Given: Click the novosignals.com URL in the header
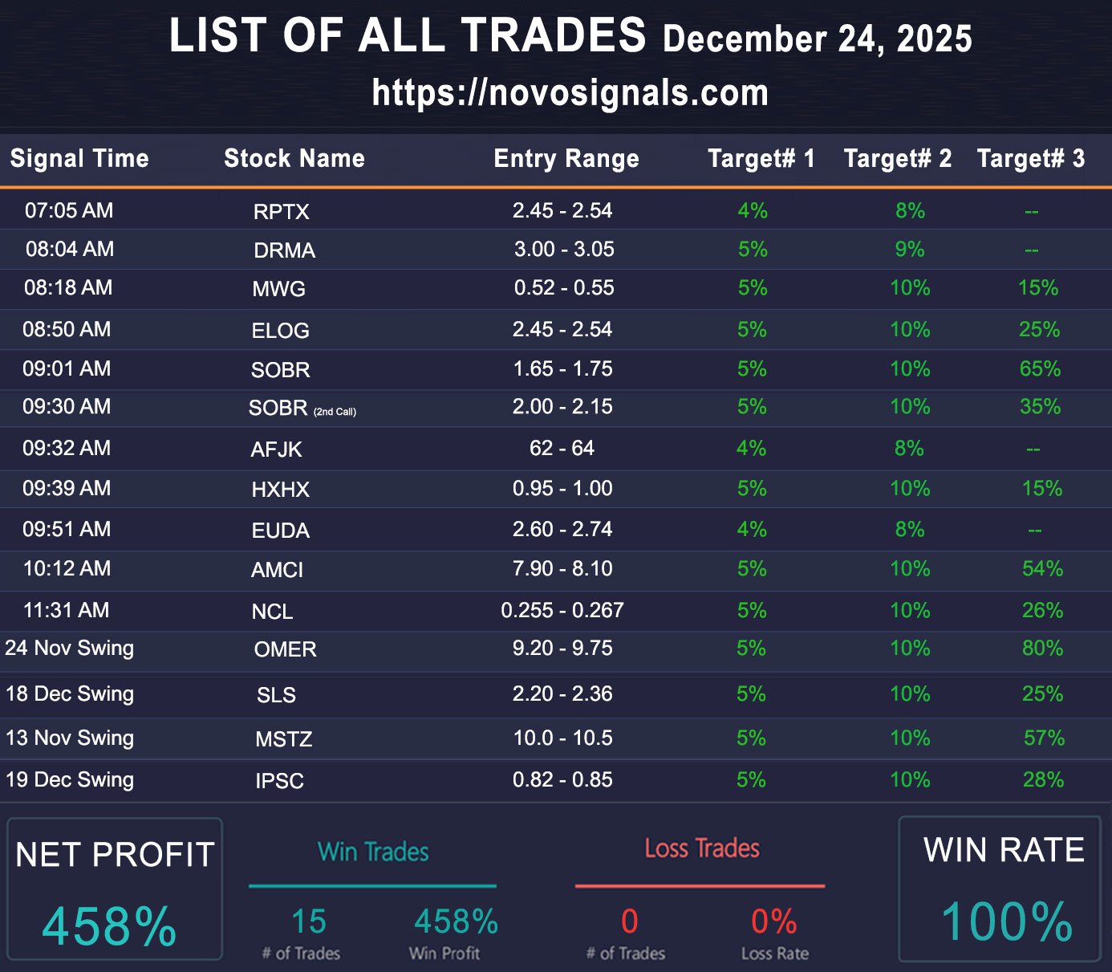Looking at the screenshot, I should (570, 93).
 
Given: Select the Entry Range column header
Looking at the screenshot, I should (566, 158).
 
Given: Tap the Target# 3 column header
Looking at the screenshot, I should (1030, 158).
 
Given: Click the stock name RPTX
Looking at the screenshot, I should (281, 212).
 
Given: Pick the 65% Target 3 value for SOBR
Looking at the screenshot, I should (1040, 369).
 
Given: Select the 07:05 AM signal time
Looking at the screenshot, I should (69, 211).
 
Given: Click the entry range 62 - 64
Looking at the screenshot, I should (562, 448).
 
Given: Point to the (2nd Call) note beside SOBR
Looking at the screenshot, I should (335, 412).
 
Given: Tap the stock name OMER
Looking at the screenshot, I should (285, 649).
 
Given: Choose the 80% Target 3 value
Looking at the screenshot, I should (1042, 649).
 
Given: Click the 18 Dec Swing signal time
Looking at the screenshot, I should (70, 694).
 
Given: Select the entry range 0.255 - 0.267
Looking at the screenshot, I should (562, 611).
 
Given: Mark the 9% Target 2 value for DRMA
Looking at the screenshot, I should (910, 250).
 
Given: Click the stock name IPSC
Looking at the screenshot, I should (279, 781).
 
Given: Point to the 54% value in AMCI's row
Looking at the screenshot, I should (1042, 569).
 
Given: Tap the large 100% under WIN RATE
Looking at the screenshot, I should (1007, 921).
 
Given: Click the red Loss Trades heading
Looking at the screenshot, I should (702, 848).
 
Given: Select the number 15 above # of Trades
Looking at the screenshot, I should (309, 921).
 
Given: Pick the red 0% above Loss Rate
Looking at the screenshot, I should (773, 921).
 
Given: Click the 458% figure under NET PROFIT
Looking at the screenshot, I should (109, 926).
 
